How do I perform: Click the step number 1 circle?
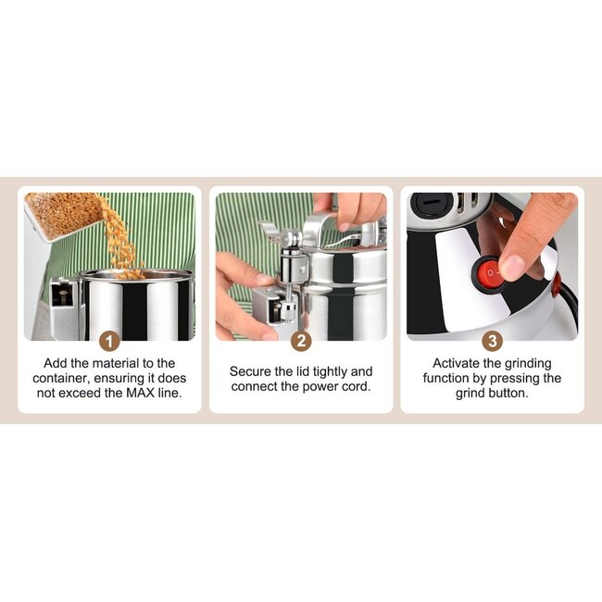(x=109, y=341)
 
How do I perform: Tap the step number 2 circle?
(x=301, y=341)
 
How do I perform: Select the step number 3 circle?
(x=492, y=341)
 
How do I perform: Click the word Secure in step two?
(x=251, y=371)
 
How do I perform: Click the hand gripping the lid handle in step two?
(x=352, y=210)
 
